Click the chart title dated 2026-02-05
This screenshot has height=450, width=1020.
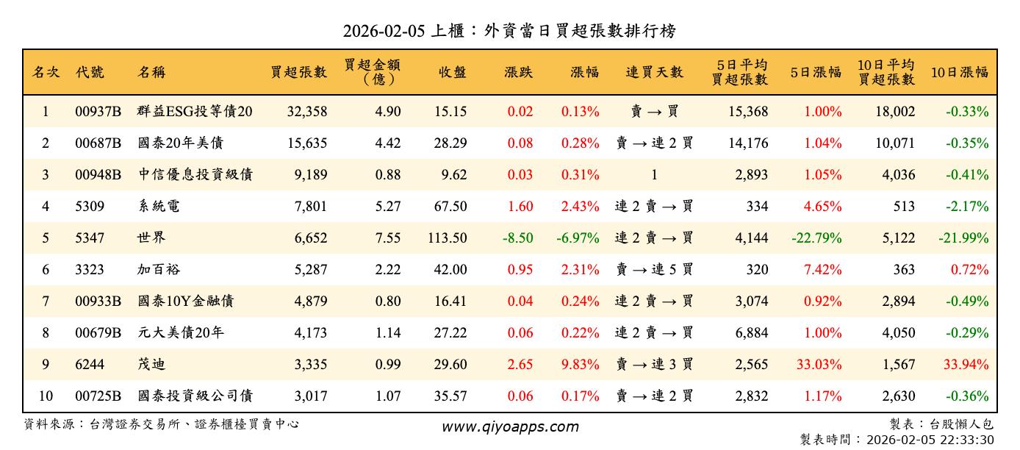509,31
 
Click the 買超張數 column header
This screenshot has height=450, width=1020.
298,72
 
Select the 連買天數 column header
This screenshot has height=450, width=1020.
654,72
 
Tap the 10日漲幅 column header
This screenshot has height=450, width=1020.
959,72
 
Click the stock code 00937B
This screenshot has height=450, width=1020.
98,112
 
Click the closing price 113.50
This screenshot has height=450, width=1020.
447,238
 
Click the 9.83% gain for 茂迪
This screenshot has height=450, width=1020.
580,365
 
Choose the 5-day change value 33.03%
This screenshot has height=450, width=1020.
819,365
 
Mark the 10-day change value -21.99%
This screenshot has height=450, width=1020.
963,238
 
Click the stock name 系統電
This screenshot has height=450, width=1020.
159,207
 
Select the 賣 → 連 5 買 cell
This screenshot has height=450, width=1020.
654,270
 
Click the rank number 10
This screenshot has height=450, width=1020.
46,396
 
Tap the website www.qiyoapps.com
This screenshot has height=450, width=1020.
510,426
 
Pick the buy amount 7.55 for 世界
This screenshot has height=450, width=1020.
387,238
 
